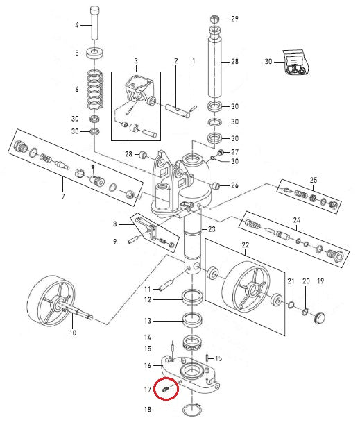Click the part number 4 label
(x=77, y=25)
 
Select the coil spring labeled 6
(x=95, y=89)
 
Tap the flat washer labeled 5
(x=95, y=52)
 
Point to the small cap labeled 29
(x=214, y=19)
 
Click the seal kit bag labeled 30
(x=295, y=62)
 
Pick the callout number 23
(x=212, y=229)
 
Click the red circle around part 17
(x=166, y=389)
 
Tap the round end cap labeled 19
(x=320, y=317)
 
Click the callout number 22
(x=246, y=245)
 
